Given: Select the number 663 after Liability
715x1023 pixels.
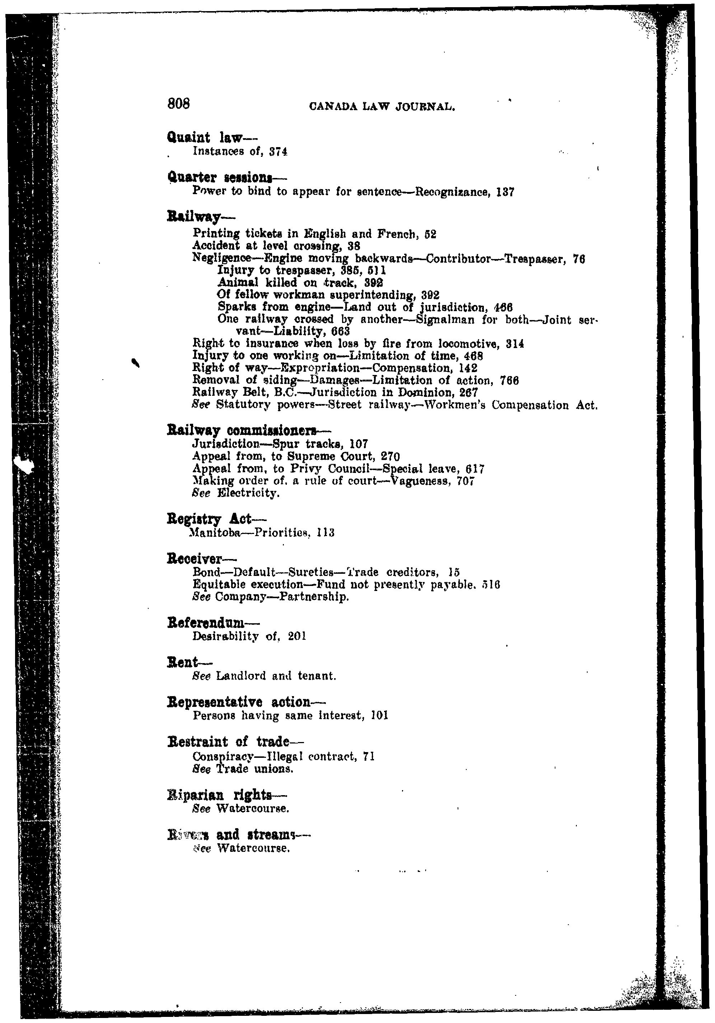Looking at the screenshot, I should [341, 332].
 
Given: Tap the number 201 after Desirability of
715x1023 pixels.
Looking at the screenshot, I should [297, 636].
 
